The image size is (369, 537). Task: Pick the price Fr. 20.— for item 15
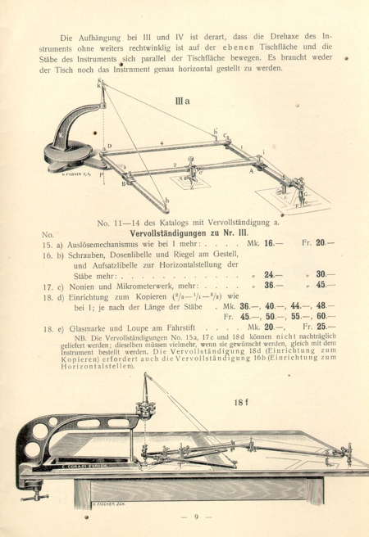click(x=321, y=242)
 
